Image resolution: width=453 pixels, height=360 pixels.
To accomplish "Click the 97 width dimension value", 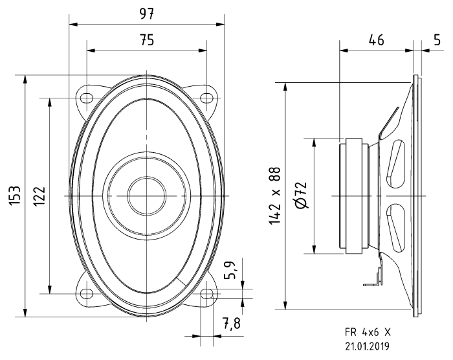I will (x=147, y=14).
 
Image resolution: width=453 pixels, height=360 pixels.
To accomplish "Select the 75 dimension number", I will (x=147, y=40).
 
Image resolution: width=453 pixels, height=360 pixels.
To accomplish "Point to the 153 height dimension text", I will (x=15, y=196).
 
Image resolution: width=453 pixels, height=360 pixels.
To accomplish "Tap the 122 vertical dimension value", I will (x=39, y=196).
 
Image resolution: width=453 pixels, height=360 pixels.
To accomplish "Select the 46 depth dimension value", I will (x=375, y=40).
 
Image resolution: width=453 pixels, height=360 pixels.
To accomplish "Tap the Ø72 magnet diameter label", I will (x=302, y=196).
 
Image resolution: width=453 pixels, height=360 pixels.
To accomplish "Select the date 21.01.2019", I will (x=368, y=346).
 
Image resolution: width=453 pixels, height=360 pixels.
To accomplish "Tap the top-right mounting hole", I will (x=206, y=98).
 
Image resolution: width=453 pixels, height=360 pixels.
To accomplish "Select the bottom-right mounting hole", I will (x=206, y=293).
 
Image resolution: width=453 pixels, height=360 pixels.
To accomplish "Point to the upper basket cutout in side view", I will (x=395, y=163).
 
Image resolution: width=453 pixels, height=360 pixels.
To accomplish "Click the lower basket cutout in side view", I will (x=395, y=228).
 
